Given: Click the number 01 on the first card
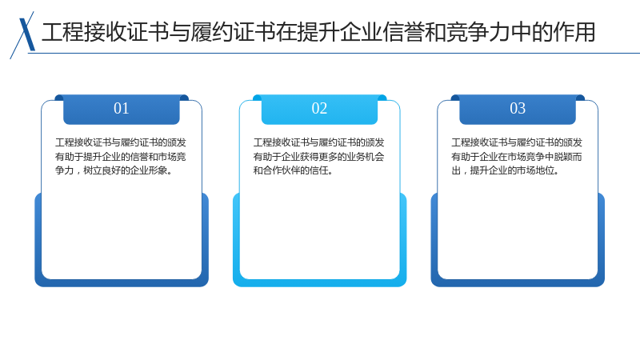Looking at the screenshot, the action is [122, 109].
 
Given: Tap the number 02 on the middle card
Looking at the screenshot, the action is [319, 109].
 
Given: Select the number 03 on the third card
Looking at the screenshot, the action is [518, 109].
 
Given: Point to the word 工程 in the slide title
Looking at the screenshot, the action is [63, 32].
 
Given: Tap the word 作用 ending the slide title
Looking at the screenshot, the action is [574, 32].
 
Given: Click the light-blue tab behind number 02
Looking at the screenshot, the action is [319, 110].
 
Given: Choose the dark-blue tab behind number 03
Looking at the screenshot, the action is [518, 110].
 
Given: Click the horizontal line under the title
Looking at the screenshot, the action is [334, 53].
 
